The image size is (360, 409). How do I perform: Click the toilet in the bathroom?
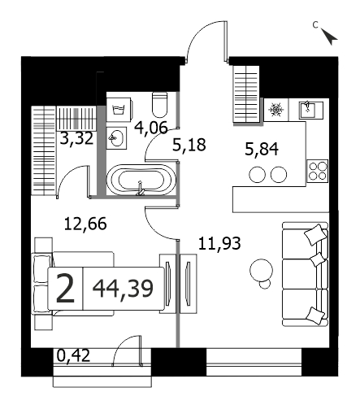[x=160, y=105]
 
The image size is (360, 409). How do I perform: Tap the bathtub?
[x=141, y=180]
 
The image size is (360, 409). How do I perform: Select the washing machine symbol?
[x=119, y=109]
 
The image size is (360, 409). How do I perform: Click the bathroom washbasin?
[x=116, y=137]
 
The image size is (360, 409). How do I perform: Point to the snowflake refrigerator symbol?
[x=276, y=110]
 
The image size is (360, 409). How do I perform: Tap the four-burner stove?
[x=317, y=171]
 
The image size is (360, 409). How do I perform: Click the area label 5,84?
[x=262, y=150]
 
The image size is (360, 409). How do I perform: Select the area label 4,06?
[x=151, y=128]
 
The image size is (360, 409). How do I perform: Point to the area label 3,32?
[x=76, y=138]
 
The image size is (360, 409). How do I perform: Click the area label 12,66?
[x=85, y=224]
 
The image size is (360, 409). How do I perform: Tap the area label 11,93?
[x=219, y=243]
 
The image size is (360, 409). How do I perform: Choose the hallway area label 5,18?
[x=189, y=145]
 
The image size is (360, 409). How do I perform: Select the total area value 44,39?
[x=123, y=289]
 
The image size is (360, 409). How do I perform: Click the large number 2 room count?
[x=65, y=288]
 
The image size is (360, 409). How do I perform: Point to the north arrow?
[x=329, y=37]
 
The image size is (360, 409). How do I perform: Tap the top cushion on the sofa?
[x=315, y=234]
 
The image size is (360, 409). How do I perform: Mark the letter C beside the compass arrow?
[x=315, y=25]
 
